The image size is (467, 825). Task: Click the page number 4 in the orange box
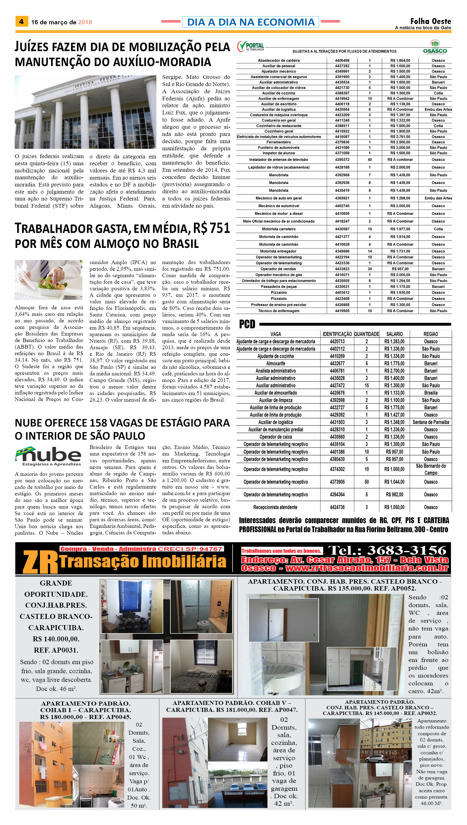coord(22,22)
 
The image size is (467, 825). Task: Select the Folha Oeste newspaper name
coord(431,21)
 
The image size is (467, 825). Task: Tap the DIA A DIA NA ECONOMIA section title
coord(251,22)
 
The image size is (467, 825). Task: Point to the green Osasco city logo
coord(435,47)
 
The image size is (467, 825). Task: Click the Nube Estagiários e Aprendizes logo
coord(48,456)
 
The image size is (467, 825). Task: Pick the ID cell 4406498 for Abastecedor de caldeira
coord(342,60)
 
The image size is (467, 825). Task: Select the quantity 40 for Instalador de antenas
coord(369,159)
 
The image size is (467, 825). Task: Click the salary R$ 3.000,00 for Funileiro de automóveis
coord(400,147)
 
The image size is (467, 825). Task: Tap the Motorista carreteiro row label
coord(278,229)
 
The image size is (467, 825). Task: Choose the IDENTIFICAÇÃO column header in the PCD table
coord(337,334)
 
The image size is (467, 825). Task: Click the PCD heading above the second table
coord(247,324)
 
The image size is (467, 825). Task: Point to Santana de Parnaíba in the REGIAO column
coord(431,422)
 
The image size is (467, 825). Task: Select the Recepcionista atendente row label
coord(275,507)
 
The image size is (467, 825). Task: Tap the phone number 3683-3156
coord(407,550)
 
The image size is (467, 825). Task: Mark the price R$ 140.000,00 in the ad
coord(56,639)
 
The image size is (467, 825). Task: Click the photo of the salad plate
coord(48,279)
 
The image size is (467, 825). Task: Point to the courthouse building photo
coord(85,112)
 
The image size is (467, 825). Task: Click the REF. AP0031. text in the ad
coord(56,650)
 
